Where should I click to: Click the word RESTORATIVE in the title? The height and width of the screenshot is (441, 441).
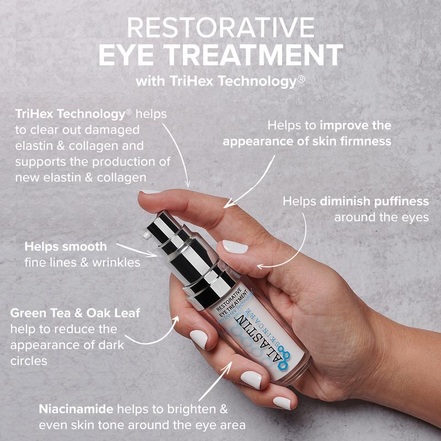[x=221, y=27]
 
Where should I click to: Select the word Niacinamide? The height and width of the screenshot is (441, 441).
[x=76, y=409]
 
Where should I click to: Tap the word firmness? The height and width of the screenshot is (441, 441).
[x=365, y=141]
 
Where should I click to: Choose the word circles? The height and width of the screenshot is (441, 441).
[x=29, y=361]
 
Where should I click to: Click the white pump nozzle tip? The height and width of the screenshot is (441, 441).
[x=147, y=235]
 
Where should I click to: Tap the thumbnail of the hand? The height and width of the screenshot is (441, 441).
[x=235, y=246]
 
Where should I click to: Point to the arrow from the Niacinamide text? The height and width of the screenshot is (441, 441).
[x=215, y=381]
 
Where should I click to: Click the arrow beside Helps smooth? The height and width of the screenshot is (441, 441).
[x=137, y=250]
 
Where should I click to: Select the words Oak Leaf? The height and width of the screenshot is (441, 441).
[x=113, y=313]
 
